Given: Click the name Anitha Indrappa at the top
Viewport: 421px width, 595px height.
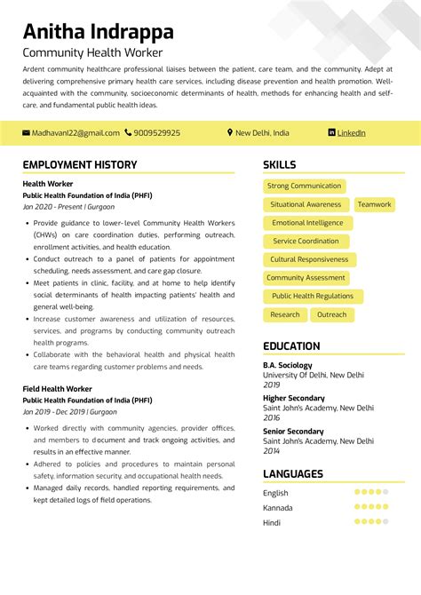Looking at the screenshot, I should tap(98, 32).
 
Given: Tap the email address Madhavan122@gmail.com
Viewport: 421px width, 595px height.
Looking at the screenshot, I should tap(75, 133).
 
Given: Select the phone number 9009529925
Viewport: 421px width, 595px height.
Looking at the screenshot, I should tap(157, 133).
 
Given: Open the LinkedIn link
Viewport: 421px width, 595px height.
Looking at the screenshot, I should tap(351, 133).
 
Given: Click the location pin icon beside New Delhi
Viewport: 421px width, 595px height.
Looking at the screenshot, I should tap(230, 133).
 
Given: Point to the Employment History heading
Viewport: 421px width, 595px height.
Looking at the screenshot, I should tap(80, 165).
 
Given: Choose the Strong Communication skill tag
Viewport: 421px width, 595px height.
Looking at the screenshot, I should tap(304, 186).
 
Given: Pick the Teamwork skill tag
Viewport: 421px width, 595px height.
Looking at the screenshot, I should tap(374, 204).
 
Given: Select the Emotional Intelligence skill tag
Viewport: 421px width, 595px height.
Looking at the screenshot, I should tap(307, 223).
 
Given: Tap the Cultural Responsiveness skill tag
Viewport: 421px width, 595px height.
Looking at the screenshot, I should tap(309, 260).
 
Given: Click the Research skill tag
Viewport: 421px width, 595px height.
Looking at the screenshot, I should tap(285, 315).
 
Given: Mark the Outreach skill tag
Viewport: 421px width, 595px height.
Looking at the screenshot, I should tap(332, 315).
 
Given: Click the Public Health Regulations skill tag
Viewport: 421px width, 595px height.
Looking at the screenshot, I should tap(312, 297).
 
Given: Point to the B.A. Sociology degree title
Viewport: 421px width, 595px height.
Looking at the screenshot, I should tap(288, 365).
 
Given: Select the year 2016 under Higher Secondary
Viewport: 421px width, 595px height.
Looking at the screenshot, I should tap(271, 417).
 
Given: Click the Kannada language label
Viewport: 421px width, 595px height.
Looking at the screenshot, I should tap(277, 507).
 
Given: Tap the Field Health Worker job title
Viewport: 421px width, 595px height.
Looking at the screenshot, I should tap(59, 389).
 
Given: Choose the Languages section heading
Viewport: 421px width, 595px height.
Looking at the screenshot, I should tap(293, 474).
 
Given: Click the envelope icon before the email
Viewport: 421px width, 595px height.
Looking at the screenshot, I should tap(27, 133).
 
